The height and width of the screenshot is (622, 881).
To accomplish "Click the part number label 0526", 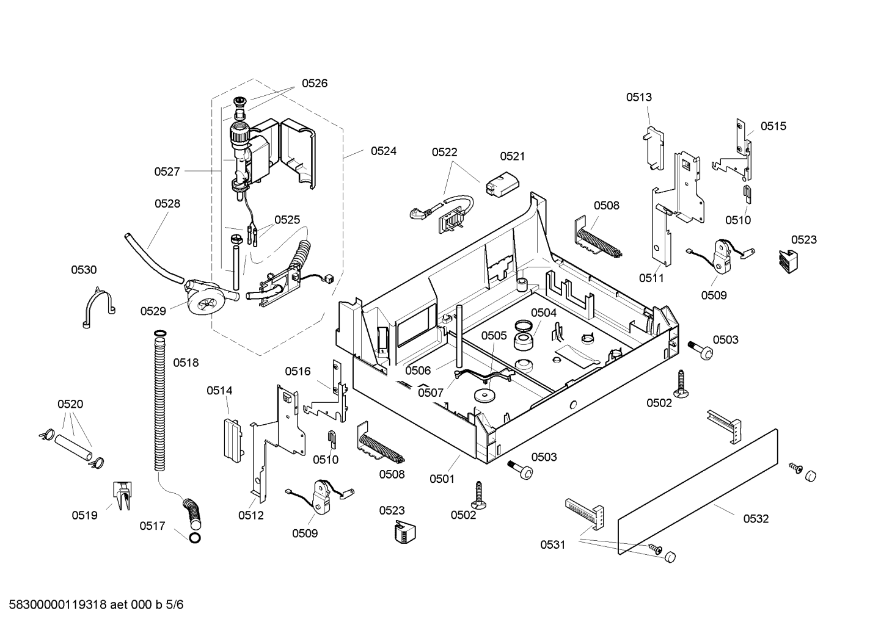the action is tap(315, 83).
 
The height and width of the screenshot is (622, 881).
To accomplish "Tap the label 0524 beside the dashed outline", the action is tap(384, 151).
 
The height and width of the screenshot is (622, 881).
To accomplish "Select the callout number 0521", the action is tap(513, 156).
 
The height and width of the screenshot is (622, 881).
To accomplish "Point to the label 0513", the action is tap(639, 97).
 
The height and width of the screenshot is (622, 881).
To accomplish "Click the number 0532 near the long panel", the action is tap(756, 519).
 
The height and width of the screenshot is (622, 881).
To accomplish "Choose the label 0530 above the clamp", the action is tap(84, 270).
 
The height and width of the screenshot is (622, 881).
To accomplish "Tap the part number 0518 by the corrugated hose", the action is tap(186, 363).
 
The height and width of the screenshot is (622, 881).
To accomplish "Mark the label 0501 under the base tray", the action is tap(442, 479).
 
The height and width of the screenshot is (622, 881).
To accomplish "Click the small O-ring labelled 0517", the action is tap(195, 538).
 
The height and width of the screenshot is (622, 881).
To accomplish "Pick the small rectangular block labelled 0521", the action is tap(503, 184).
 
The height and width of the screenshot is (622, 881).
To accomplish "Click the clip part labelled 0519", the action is tap(122, 496).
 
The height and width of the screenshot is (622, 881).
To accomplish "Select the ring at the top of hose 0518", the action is tap(160, 334).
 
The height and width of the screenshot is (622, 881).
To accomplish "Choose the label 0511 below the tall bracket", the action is tap(651, 278).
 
